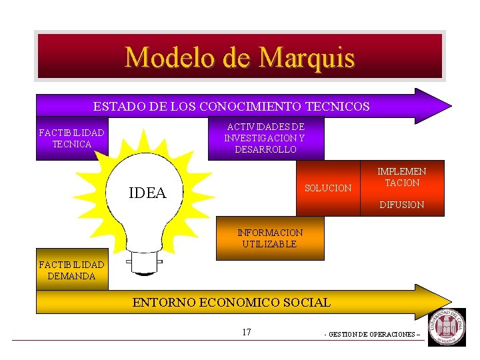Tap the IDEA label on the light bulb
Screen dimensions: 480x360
[147, 193]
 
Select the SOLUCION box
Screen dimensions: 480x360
[327, 189]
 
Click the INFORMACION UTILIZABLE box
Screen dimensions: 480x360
[270, 239]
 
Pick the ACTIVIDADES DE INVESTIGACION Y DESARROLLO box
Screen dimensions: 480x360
[265, 138]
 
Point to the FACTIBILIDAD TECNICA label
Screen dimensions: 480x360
[71, 139]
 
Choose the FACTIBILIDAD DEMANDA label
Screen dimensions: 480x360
[71, 271]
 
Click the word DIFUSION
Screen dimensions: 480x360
[401, 205]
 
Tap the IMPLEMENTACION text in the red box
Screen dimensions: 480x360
[402, 177]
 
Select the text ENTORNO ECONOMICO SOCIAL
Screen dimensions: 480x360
[231, 303]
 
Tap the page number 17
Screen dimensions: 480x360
[247, 332]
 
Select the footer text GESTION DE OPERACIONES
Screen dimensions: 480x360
[372, 334]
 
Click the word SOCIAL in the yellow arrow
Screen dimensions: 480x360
[308, 303]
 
